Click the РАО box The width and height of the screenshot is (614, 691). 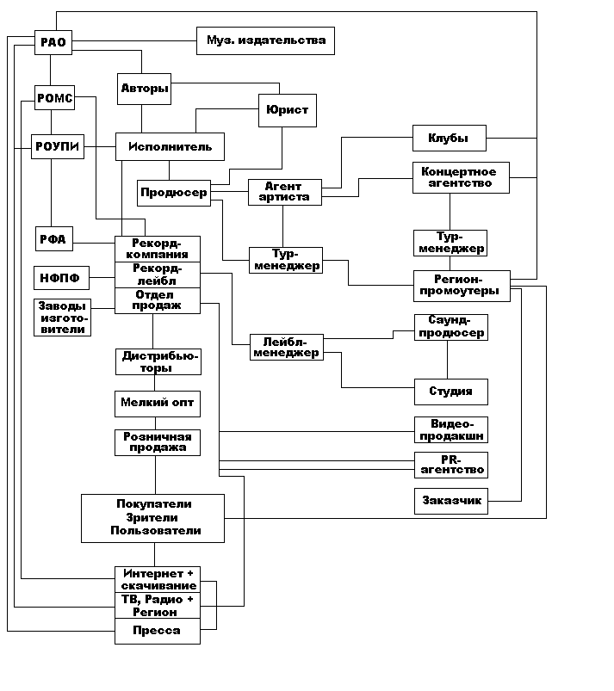pyautogui.click(x=53, y=41)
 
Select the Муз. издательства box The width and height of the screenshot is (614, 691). pyautogui.click(x=265, y=40)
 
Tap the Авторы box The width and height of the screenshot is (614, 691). pyautogui.click(x=144, y=88)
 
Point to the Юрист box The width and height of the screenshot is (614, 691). pyautogui.click(x=283, y=110)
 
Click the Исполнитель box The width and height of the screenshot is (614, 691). pyautogui.click(x=170, y=146)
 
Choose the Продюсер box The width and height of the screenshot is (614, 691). pyautogui.click(x=173, y=193)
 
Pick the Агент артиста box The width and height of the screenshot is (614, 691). pyautogui.click(x=284, y=192)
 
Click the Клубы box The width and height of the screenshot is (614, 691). pyautogui.click(x=449, y=138)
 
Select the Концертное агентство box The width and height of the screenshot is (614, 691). pyautogui.click(x=460, y=177)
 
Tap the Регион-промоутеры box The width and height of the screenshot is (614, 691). pyautogui.click(x=460, y=285)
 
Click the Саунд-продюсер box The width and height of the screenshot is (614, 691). pyautogui.click(x=450, y=327)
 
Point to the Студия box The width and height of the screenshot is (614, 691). pyautogui.click(x=450, y=391)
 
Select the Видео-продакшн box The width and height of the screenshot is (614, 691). pyautogui.click(x=450, y=429)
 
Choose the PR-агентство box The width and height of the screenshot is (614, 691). pyautogui.click(x=450, y=465)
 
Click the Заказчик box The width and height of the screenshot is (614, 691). pyautogui.click(x=450, y=501)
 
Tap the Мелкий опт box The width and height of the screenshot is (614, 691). pyautogui.click(x=158, y=403)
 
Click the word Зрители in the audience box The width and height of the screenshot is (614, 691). pyautogui.click(x=153, y=517)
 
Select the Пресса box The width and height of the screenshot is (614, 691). pyautogui.click(x=158, y=631)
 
